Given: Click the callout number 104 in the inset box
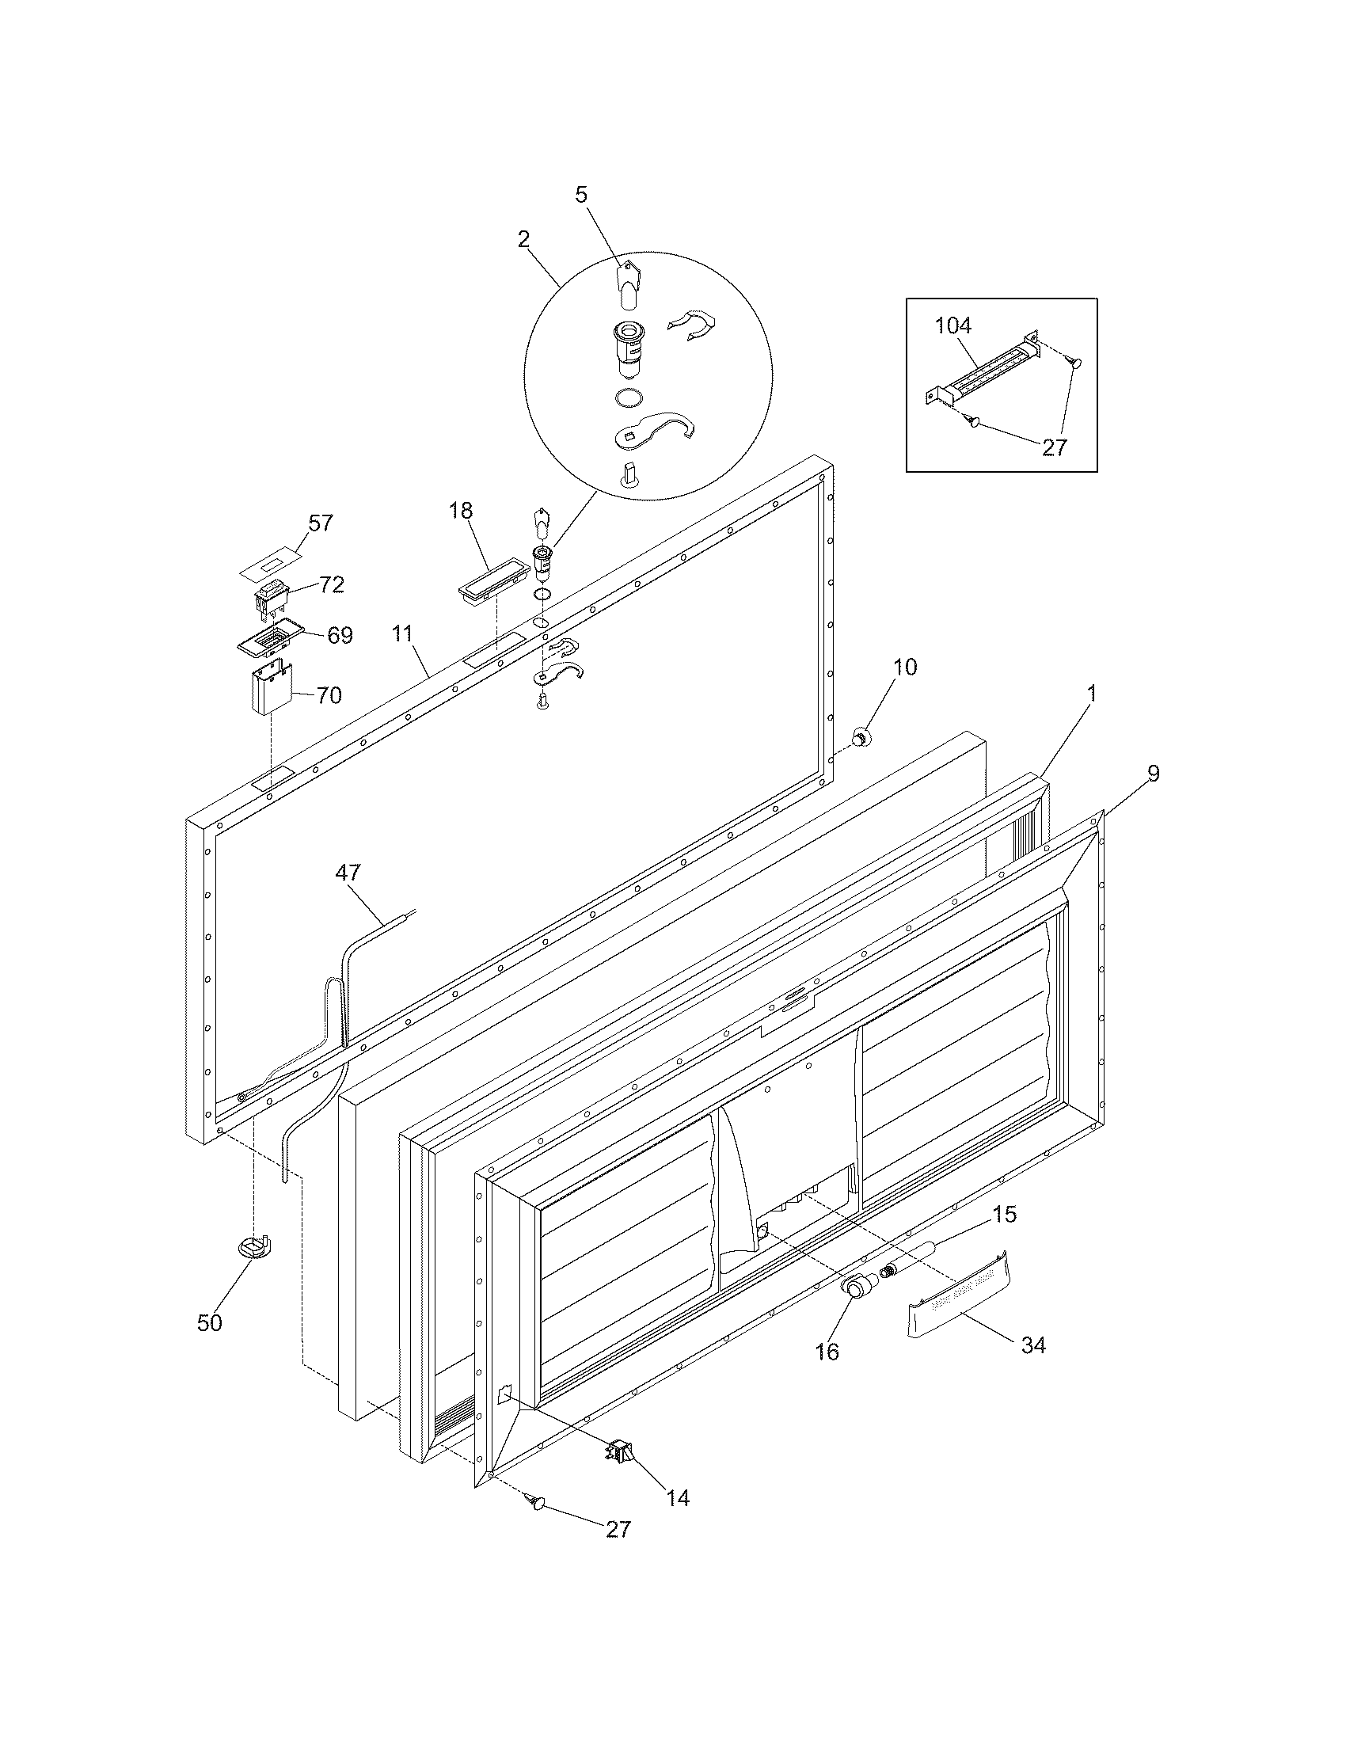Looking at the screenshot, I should point(954,325).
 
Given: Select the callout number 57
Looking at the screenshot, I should point(321,523).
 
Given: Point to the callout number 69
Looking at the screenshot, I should point(340,636).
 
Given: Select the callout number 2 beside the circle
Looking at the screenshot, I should point(523,238).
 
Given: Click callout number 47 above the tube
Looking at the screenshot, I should point(348,873).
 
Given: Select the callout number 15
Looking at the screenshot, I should point(1005,1214).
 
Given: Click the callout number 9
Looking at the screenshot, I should point(1153,773).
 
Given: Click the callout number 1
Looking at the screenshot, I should point(1092,694).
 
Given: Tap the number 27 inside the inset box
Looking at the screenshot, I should point(1054,447).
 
